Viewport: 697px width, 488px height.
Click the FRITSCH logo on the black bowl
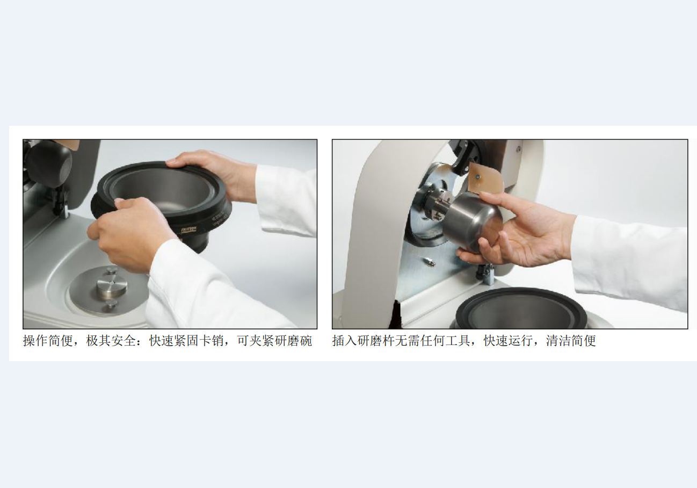(188, 231)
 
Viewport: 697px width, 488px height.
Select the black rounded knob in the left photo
(49, 163)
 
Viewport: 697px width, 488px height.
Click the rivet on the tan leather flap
(478, 178)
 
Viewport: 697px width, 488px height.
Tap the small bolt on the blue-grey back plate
(430, 261)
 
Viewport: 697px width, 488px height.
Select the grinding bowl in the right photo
(522, 308)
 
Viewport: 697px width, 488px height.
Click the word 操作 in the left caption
(35, 341)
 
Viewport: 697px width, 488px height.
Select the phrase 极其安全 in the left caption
(111, 341)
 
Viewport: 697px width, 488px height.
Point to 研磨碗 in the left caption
(293, 341)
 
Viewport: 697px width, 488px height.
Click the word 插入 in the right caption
(345, 341)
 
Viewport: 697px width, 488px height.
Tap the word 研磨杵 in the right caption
(376, 341)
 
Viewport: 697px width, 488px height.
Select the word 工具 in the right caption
(458, 341)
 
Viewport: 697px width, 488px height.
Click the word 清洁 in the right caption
(558, 341)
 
